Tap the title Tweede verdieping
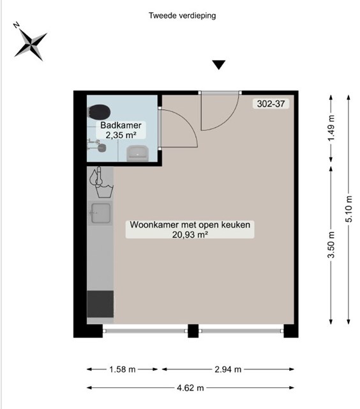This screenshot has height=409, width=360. coord(182,15)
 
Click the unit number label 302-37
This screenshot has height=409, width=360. coord(271,104)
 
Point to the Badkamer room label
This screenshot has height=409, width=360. coord(121,125)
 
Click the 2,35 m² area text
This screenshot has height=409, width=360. coord(121,135)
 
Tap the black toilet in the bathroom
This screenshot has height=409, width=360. coord(99,112)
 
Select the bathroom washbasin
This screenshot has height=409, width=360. coord(137,153)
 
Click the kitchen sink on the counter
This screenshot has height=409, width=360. coord(101,213)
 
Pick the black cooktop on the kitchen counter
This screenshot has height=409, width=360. coord(100,304)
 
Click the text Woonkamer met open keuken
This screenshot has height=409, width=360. coord(190,225)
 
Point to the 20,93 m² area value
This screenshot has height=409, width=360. coord(190,235)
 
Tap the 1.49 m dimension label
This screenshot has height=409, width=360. coord(331,128)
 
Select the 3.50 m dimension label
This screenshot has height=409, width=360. coord(331,244)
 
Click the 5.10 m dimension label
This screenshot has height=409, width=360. coord(349,209)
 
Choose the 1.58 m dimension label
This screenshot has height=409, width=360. coord(122,369)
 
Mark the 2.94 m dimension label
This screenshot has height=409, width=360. coord(228,369)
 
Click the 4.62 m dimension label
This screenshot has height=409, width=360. coord(190,388)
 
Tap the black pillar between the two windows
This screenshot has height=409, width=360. coord(193,331)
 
